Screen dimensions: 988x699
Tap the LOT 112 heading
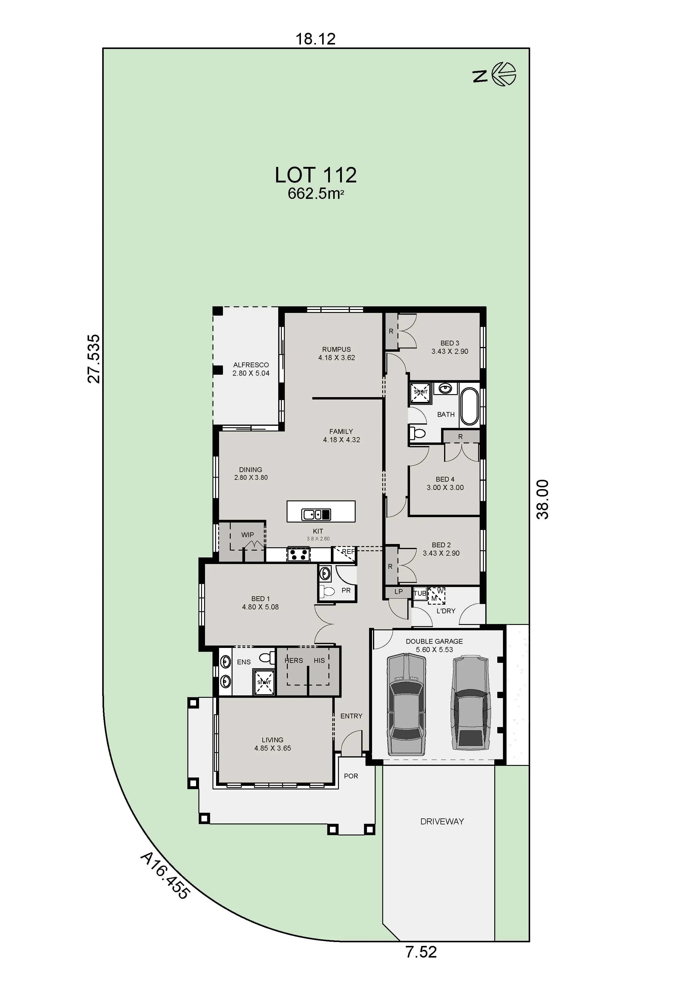(x=316, y=175)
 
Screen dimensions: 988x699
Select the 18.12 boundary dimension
(x=315, y=39)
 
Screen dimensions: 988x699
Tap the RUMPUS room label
(x=337, y=349)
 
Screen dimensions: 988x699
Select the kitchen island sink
(x=316, y=514)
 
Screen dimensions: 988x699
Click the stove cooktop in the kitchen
(x=299, y=554)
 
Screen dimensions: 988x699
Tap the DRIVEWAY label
(x=442, y=821)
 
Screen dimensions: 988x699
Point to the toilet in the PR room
(x=328, y=591)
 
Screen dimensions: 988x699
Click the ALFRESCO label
(x=251, y=365)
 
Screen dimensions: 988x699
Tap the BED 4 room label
(x=445, y=479)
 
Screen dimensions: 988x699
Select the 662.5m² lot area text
(x=316, y=194)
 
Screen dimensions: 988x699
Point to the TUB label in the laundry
(x=420, y=593)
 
